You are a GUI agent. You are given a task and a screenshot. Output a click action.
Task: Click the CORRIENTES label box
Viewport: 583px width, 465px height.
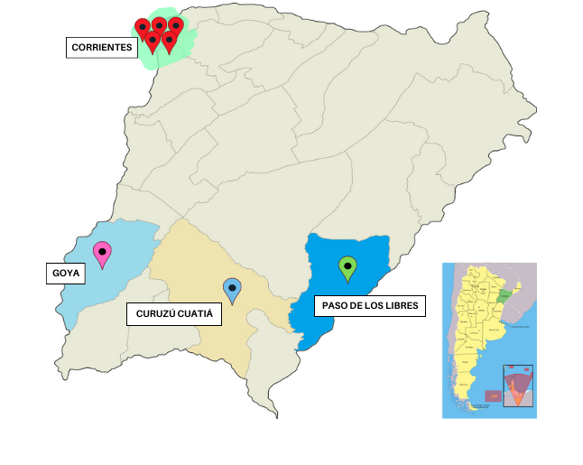click(101, 48)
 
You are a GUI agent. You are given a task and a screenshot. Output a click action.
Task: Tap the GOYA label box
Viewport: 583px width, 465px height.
click(66, 273)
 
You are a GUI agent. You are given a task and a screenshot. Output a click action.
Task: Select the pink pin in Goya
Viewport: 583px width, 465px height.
click(103, 255)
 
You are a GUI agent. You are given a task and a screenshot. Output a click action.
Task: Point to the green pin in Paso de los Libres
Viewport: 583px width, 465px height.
click(347, 268)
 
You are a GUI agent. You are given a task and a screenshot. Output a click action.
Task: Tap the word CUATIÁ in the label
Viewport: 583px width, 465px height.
click(197, 314)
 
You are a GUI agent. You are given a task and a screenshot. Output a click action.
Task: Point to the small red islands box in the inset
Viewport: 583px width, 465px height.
click(493, 396)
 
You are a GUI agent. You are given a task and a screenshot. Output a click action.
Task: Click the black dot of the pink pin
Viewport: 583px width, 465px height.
click(103, 251)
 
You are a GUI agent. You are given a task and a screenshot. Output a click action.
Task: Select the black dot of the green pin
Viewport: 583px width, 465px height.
click(347, 265)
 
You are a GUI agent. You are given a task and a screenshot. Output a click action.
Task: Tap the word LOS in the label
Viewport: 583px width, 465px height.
click(373, 305)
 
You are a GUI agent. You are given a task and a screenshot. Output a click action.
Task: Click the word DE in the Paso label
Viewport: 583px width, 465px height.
click(355, 305)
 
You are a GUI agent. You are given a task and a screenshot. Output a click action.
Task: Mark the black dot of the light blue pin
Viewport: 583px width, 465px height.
click(233, 287)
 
